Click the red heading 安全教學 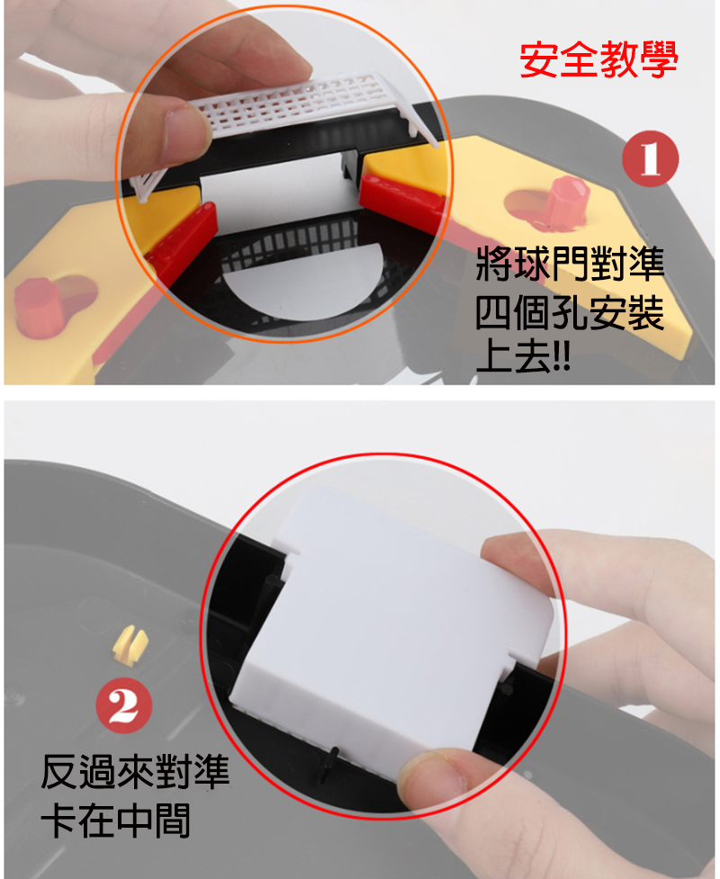tap(598, 59)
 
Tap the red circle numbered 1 tap(651, 158)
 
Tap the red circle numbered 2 tap(124, 705)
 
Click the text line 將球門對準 tap(570, 264)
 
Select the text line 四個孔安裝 tap(570, 311)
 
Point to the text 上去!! tap(523, 357)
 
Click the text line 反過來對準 tap(135, 772)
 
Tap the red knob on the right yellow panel tap(567, 202)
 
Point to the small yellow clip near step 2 tap(130, 645)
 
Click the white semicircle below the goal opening tap(302, 283)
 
